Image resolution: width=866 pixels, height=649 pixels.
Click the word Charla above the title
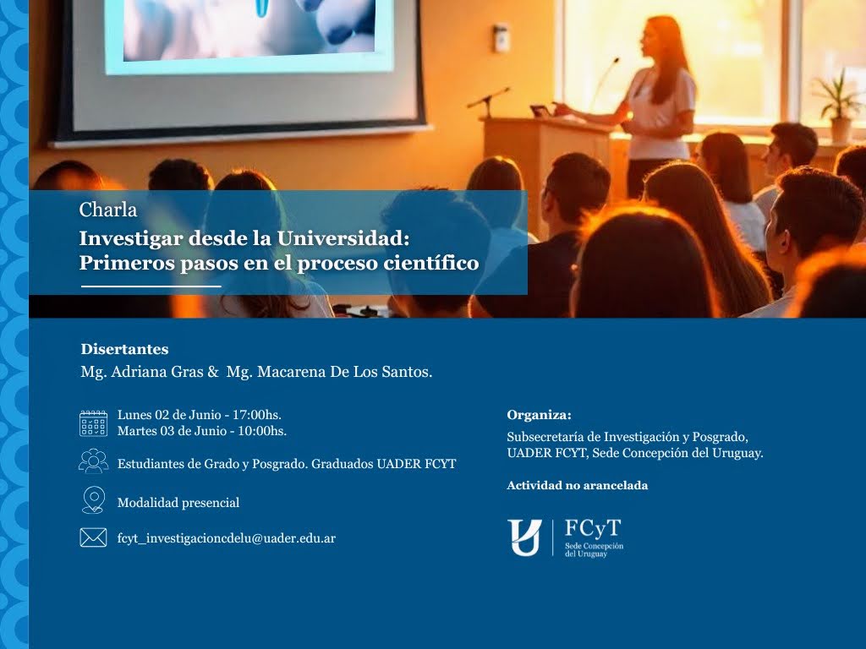107,210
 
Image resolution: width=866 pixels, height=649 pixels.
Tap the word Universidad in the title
343,238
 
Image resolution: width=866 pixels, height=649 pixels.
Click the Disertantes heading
125,349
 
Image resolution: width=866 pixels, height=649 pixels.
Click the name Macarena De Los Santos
344,372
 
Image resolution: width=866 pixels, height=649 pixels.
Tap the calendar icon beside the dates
93,423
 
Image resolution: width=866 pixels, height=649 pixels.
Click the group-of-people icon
93,461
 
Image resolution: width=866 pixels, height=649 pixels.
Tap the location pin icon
93,500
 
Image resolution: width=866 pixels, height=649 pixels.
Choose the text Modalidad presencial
178,503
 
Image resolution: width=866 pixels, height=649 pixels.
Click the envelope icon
93,537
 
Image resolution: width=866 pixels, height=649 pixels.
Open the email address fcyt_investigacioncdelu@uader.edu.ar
227,538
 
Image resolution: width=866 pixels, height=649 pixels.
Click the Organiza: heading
539,415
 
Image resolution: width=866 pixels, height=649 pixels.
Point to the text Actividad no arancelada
577,486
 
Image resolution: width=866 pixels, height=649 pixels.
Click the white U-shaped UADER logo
524,537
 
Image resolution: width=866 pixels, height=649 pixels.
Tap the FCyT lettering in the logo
593,529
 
